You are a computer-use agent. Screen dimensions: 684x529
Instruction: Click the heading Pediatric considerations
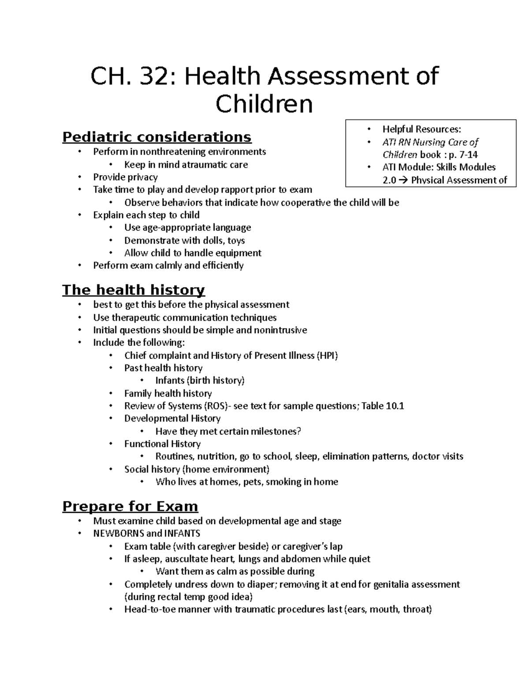coord(156,137)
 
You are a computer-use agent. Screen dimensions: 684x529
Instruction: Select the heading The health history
coord(133,290)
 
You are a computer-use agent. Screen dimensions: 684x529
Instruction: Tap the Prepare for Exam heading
coord(130,506)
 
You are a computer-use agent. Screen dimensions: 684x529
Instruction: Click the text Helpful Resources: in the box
coord(421,129)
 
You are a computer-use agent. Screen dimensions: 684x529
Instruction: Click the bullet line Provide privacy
coord(125,177)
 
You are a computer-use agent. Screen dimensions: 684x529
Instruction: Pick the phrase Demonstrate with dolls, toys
coord(184,240)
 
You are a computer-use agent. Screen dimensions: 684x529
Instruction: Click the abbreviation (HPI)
coord(327,355)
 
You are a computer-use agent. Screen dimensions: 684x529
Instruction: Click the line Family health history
coord(168,393)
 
